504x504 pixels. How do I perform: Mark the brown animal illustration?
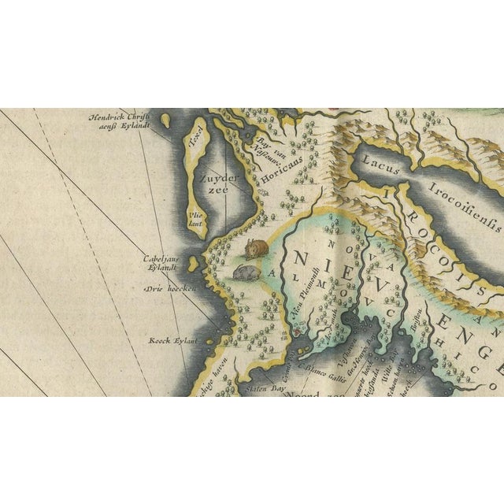point(256,247)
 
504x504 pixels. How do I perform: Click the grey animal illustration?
point(246,271)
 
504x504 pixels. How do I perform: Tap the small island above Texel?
point(167,120)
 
